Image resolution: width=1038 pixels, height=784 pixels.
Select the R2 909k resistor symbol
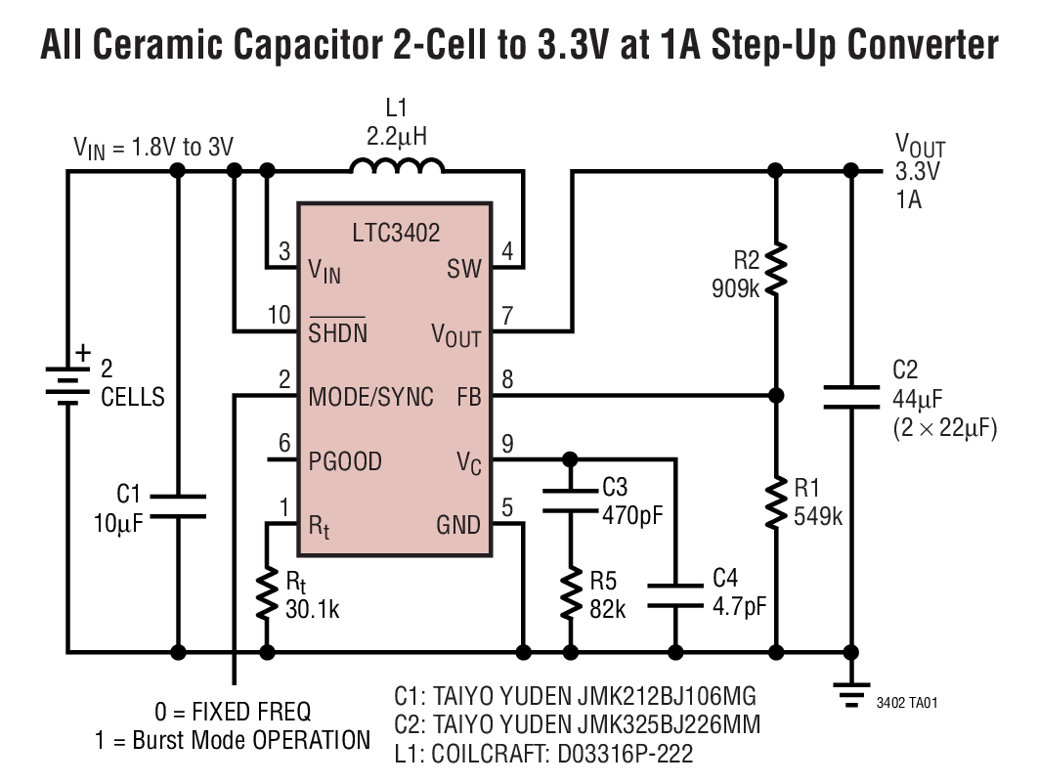tap(776, 269)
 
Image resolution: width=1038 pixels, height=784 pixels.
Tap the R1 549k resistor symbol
tap(776, 503)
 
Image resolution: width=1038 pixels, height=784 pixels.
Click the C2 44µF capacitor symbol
tap(851, 396)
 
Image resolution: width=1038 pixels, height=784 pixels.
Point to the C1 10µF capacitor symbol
tap(178, 506)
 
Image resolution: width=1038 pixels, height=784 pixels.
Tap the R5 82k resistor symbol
tap(571, 593)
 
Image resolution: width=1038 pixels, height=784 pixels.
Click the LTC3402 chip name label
tap(396, 233)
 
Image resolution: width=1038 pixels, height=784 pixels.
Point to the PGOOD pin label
tap(345, 461)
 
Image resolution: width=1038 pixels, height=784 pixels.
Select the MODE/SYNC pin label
tap(370, 398)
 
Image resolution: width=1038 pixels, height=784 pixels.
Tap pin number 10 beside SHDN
tap(279, 316)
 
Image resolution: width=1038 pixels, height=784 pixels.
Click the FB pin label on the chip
tap(468, 398)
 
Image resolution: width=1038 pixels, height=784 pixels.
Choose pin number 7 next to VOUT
tap(507, 316)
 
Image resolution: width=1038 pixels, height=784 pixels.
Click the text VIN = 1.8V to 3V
tap(153, 147)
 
